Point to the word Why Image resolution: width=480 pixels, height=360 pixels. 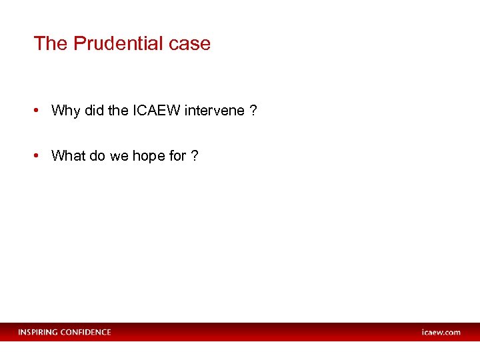65,111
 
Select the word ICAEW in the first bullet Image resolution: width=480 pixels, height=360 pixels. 156,111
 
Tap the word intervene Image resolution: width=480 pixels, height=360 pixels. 215,111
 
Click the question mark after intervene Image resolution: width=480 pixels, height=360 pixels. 253,111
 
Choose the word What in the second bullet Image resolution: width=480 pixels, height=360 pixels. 69,156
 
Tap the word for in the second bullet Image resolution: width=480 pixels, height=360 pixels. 177,156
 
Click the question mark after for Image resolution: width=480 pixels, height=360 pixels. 194,156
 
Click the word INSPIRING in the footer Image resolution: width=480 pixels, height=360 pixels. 38,332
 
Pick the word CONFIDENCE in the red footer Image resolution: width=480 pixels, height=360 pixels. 86,332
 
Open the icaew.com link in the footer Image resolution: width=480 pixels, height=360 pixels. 441,332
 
